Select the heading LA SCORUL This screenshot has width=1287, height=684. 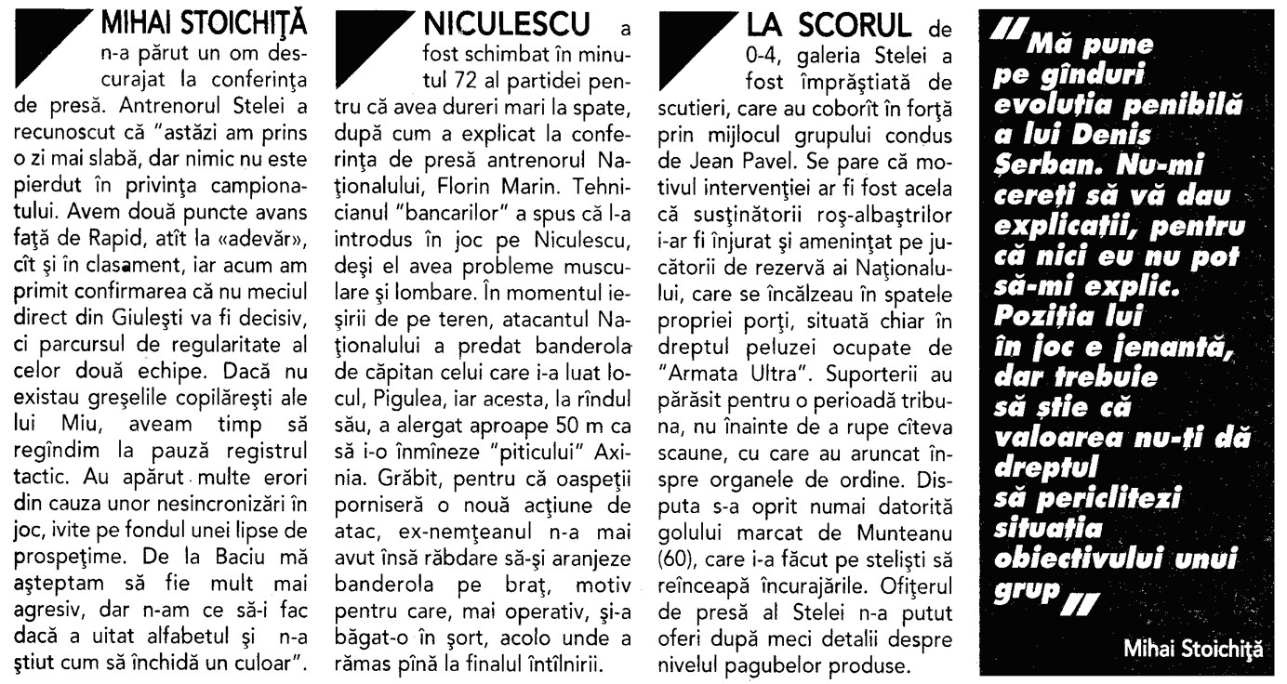tap(795, 20)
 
